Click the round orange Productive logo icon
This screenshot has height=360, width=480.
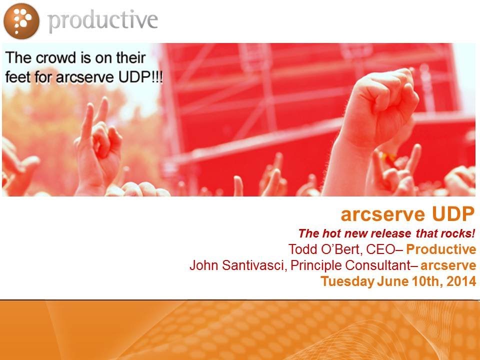click(x=21, y=20)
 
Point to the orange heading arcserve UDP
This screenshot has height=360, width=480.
click(x=407, y=214)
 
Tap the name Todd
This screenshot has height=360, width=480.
click(x=300, y=249)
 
